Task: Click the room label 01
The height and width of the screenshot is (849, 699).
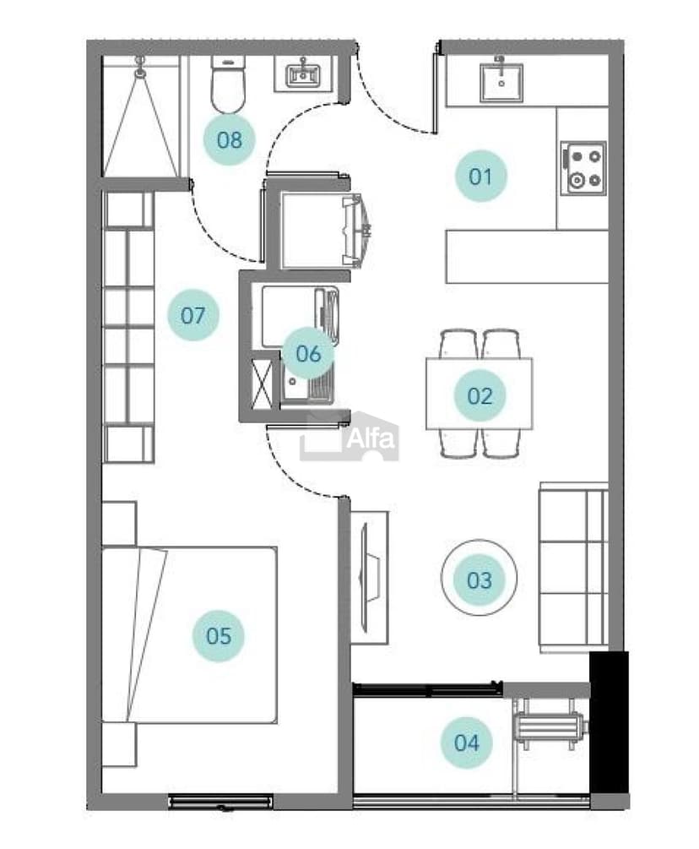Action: (x=480, y=177)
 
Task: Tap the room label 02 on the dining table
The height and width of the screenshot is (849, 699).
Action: (x=480, y=396)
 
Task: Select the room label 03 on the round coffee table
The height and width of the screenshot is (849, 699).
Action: (x=480, y=580)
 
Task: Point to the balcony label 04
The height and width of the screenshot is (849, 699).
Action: (x=466, y=743)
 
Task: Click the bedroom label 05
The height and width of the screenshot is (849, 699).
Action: (x=219, y=635)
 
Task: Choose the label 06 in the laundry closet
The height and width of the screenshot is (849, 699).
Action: (x=308, y=354)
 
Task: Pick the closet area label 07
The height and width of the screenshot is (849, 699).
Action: (x=193, y=315)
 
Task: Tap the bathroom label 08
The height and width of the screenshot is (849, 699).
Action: (x=230, y=140)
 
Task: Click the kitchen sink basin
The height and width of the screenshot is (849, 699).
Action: (x=501, y=83)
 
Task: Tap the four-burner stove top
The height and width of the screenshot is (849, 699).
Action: (x=583, y=168)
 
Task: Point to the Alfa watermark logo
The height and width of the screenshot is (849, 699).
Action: (x=349, y=436)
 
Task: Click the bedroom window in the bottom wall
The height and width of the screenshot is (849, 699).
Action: (x=219, y=802)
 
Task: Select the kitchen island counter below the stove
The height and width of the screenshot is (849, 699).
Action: (x=527, y=256)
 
